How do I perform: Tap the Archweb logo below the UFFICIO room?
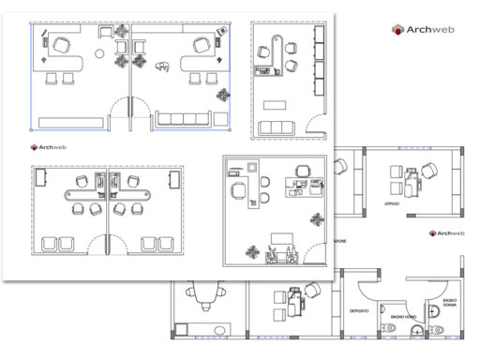point(447,233)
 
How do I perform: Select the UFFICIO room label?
point(391,203)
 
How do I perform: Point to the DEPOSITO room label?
point(360,309)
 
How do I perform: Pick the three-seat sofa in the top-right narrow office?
point(276,127)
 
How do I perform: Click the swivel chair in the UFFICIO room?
point(429,172)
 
